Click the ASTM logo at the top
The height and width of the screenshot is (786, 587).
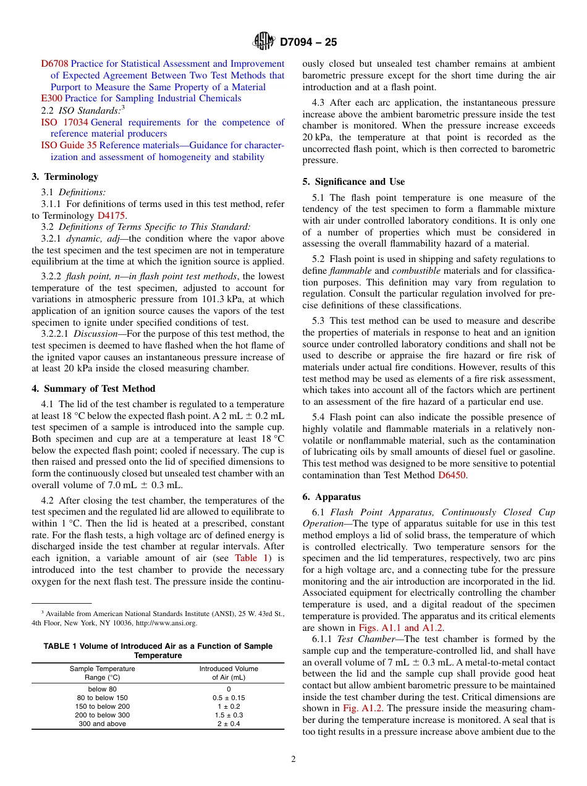pos(264,42)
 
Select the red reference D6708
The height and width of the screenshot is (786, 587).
pos(54,64)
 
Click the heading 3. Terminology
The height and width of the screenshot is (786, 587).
pos(65,177)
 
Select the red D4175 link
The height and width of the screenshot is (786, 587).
pos(111,216)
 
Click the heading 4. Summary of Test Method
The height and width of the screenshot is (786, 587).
pos(93,389)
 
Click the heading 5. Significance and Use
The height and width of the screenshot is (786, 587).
pos(353,182)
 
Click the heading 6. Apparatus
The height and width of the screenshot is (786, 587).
pos(331,497)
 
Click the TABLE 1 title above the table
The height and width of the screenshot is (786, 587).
pos(158,651)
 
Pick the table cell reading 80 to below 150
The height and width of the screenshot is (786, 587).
pos(102,698)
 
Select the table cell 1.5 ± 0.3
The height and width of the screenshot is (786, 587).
pos(229,715)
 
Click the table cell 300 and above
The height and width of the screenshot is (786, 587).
pos(102,724)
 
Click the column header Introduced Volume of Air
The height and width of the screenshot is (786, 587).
pos(229,673)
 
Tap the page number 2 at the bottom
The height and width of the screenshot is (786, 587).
pos(293,759)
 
